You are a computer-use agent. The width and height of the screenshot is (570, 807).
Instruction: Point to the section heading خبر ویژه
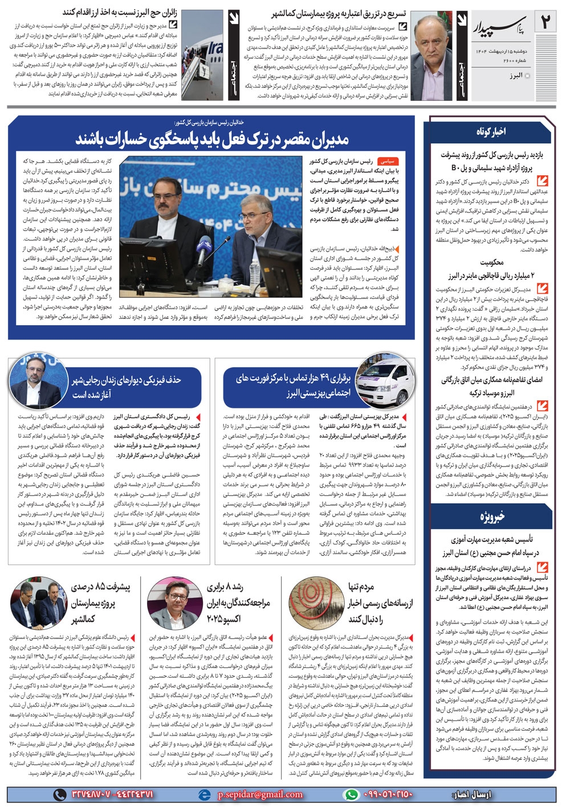click(x=491, y=517)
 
